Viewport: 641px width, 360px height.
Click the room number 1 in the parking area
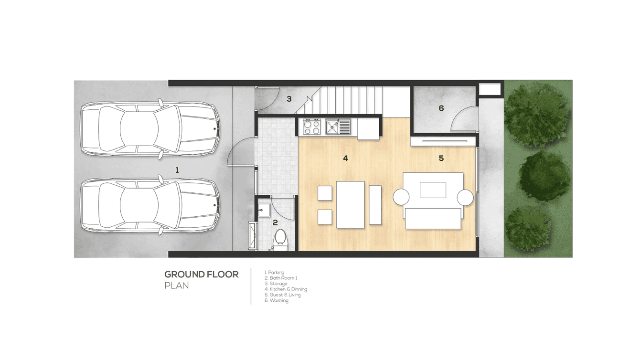pyautogui.click(x=177, y=170)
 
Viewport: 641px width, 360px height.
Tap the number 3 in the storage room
pyautogui.click(x=289, y=99)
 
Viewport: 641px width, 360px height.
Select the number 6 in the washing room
pyautogui.click(x=441, y=108)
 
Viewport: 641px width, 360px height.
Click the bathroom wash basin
pyautogui.click(x=264, y=210)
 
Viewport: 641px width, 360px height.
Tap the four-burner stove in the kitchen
pyautogui.click(x=311, y=127)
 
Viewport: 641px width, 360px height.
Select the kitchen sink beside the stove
pyautogui.click(x=338, y=127)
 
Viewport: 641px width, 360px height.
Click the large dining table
pyautogui.click(x=351, y=204)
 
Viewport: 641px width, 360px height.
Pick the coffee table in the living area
pyautogui.click(x=433, y=190)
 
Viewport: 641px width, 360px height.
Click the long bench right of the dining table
pyautogui.click(x=375, y=205)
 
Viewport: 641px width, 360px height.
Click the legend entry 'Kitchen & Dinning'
pyautogui.click(x=286, y=289)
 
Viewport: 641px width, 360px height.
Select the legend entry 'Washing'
pyautogui.click(x=277, y=300)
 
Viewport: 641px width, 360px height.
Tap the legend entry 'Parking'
pyautogui.click(x=275, y=273)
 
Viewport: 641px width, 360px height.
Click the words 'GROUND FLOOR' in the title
pyautogui.click(x=202, y=275)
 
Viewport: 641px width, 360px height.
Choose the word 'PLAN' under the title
pyautogui.click(x=177, y=286)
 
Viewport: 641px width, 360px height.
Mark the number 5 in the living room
pyautogui.click(x=441, y=158)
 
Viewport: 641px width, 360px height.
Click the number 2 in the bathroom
pyautogui.click(x=275, y=222)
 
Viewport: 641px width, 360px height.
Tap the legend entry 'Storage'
pyautogui.click(x=276, y=284)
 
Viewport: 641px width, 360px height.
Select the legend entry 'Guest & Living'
pyautogui.click(x=283, y=295)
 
